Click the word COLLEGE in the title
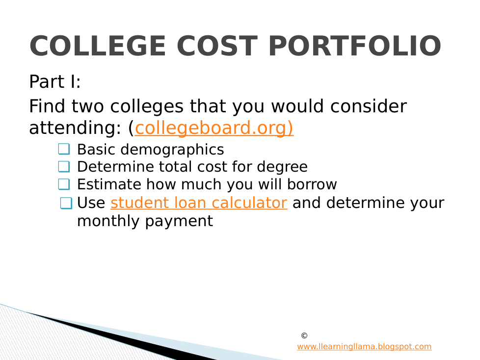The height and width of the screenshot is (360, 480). [98, 46]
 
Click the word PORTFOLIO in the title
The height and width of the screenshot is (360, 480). [355, 46]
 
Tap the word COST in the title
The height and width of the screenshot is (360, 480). [217, 46]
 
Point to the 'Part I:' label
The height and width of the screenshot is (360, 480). [55, 82]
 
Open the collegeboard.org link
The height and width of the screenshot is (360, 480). [214, 128]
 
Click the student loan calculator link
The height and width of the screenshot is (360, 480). [199, 203]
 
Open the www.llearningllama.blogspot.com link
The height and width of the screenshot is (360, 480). [364, 347]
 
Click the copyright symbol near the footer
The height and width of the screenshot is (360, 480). [304, 335]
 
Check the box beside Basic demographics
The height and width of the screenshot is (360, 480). [64, 149]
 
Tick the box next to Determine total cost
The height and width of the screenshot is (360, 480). [64, 167]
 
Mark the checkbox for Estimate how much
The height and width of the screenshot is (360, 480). [64, 184]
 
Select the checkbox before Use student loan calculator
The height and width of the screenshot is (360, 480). [66, 203]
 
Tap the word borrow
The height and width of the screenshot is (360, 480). [312, 184]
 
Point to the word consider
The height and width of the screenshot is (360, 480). [369, 106]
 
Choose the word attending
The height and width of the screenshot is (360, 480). [73, 128]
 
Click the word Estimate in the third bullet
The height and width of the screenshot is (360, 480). [109, 184]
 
